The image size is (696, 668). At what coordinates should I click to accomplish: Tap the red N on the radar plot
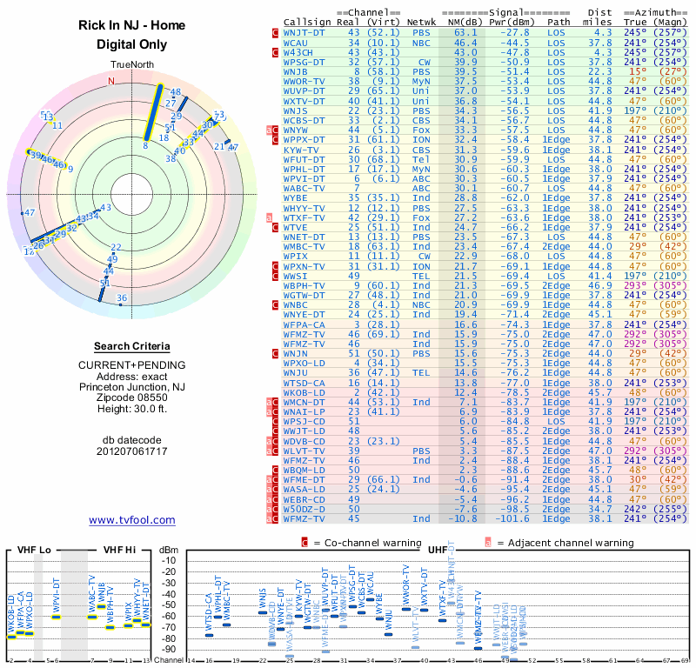(x=110, y=82)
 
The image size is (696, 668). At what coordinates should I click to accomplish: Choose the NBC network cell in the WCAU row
(x=421, y=42)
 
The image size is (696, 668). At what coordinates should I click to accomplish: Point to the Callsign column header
(x=308, y=22)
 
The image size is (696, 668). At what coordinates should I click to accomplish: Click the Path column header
(x=559, y=22)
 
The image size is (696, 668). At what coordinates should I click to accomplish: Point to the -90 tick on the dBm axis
(x=168, y=649)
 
